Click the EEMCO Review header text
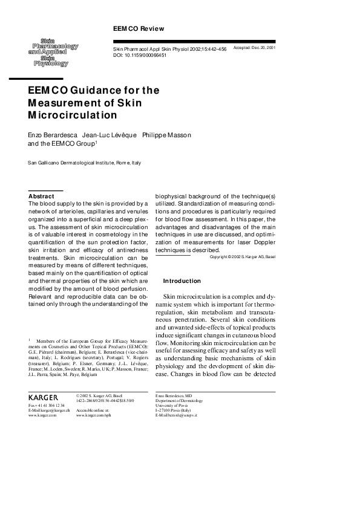coord(139,29)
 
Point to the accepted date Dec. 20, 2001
coord(263,47)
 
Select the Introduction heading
coord(182,281)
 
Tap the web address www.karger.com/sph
coord(93,417)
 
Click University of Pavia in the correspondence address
coord(173,406)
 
